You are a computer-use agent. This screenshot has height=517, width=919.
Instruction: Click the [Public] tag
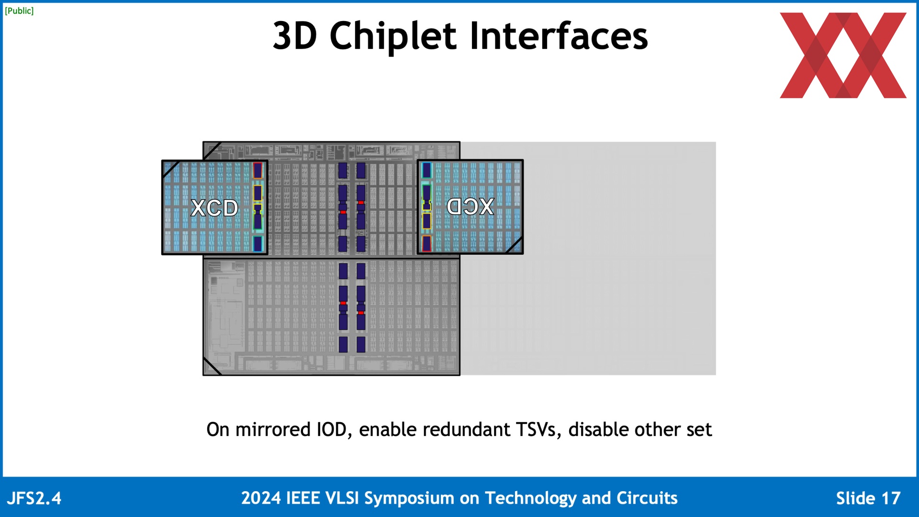(x=19, y=11)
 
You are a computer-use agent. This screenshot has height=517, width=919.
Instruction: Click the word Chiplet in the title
(x=393, y=36)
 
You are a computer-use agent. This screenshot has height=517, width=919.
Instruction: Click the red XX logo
(x=843, y=55)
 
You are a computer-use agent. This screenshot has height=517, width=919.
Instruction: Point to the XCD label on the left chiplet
(x=214, y=208)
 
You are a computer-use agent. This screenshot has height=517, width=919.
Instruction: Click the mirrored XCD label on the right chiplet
(x=470, y=206)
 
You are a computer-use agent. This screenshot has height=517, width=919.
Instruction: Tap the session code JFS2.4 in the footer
(x=34, y=498)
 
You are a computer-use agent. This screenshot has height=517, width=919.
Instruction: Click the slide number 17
(x=891, y=498)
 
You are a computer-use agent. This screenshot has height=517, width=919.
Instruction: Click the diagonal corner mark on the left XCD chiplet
(x=171, y=169)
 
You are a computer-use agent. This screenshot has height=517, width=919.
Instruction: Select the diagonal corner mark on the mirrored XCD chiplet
(x=514, y=245)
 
